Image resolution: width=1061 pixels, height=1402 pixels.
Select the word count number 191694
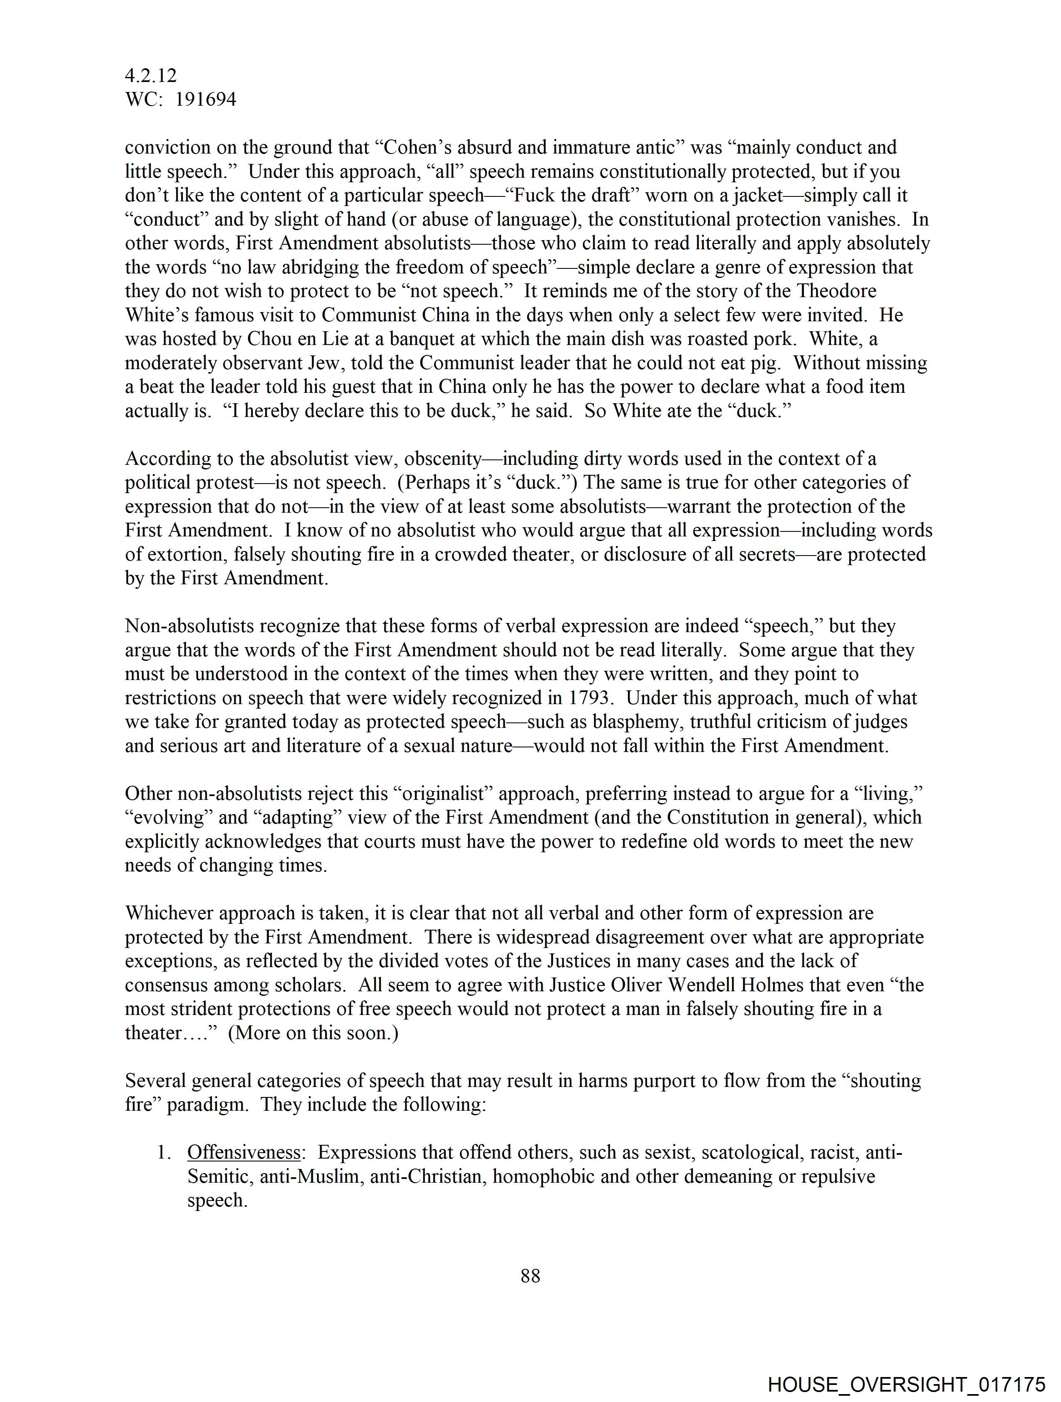(206, 99)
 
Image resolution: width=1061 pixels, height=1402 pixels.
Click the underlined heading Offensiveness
(244, 1152)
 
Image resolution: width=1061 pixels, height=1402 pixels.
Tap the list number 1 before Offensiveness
(163, 1152)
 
